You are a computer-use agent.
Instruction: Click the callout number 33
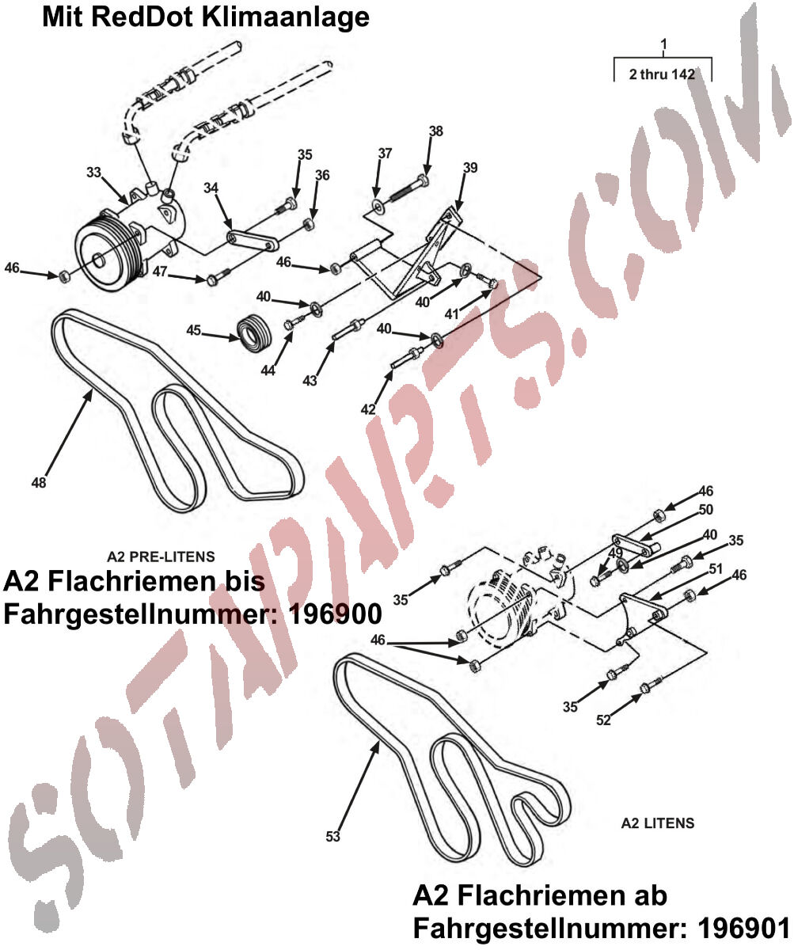coord(93,173)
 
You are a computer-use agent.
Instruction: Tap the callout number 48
coord(39,482)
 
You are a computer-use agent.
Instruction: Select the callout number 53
coord(333,836)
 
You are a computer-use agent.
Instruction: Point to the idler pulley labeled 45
coord(255,332)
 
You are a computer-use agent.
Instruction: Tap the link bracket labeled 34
coord(253,241)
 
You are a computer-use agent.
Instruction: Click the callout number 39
coord(470,167)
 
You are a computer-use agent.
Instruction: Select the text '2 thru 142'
coord(662,74)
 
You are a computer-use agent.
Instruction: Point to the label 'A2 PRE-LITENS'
coord(161,556)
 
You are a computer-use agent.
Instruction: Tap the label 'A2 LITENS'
coord(658,823)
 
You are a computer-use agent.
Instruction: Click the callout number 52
coord(603,720)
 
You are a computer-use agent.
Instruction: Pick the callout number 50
coord(705,510)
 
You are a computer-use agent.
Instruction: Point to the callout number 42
coord(368,409)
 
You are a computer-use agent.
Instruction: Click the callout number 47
coord(160,272)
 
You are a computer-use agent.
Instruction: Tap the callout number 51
coord(716,568)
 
